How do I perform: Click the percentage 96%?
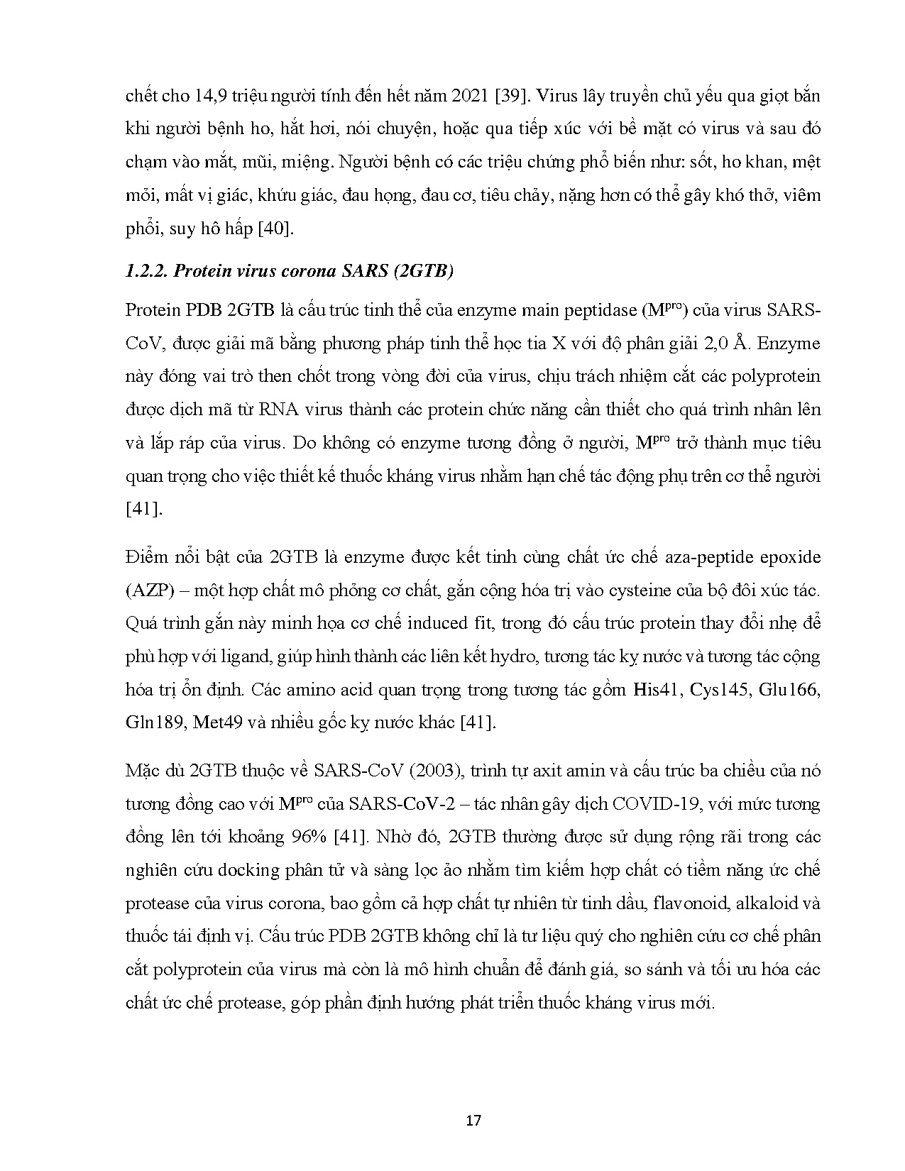(309, 837)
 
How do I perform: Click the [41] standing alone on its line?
(143, 509)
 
